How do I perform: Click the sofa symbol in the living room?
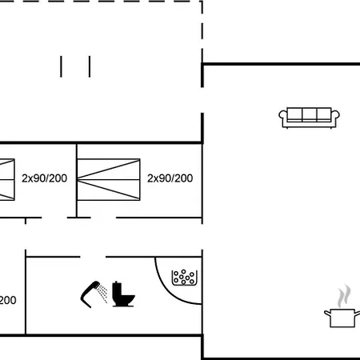309,118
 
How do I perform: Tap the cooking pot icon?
342,318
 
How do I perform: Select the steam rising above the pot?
344,296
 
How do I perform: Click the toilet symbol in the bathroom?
123,294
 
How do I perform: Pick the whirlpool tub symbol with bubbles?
185,278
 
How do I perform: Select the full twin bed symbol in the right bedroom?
109,179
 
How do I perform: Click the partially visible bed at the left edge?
7,179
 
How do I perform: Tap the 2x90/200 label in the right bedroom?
170,178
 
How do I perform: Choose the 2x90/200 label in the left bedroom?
44,178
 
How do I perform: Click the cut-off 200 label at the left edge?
8,300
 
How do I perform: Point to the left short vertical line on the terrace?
61,66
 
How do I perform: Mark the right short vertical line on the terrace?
90,66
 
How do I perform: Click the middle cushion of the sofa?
310,114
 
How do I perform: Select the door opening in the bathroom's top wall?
93,257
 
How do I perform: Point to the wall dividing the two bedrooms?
77,181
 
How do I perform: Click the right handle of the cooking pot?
358,313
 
